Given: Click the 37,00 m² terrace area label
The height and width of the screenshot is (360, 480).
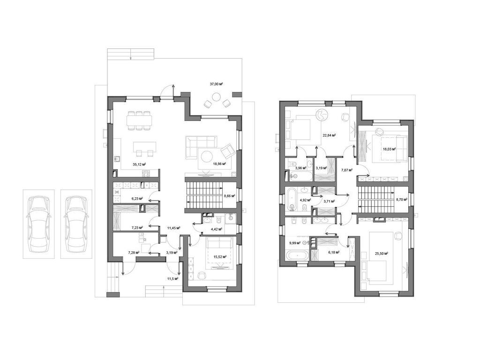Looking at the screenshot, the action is click(x=216, y=84).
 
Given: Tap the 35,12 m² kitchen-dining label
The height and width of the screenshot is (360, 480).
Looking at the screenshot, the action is click(x=139, y=164).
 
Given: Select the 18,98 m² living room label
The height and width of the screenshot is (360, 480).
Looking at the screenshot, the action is click(x=219, y=164).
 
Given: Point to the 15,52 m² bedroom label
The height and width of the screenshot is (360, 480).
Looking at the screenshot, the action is click(x=220, y=257).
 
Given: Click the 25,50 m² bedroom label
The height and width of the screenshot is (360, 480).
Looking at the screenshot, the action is click(x=382, y=254).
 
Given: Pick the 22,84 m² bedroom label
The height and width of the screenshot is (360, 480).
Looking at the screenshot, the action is click(x=330, y=135).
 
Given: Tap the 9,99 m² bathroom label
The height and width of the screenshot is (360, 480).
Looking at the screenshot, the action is click(x=294, y=243).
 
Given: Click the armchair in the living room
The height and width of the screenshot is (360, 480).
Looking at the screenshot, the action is click(x=227, y=150).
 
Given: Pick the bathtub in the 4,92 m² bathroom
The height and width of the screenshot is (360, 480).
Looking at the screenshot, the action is click(x=292, y=200).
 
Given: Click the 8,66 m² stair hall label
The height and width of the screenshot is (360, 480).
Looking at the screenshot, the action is click(x=229, y=195).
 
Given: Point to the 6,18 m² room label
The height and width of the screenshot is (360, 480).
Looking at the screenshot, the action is click(x=334, y=253).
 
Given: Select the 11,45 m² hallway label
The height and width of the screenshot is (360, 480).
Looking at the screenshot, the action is click(x=173, y=228).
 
